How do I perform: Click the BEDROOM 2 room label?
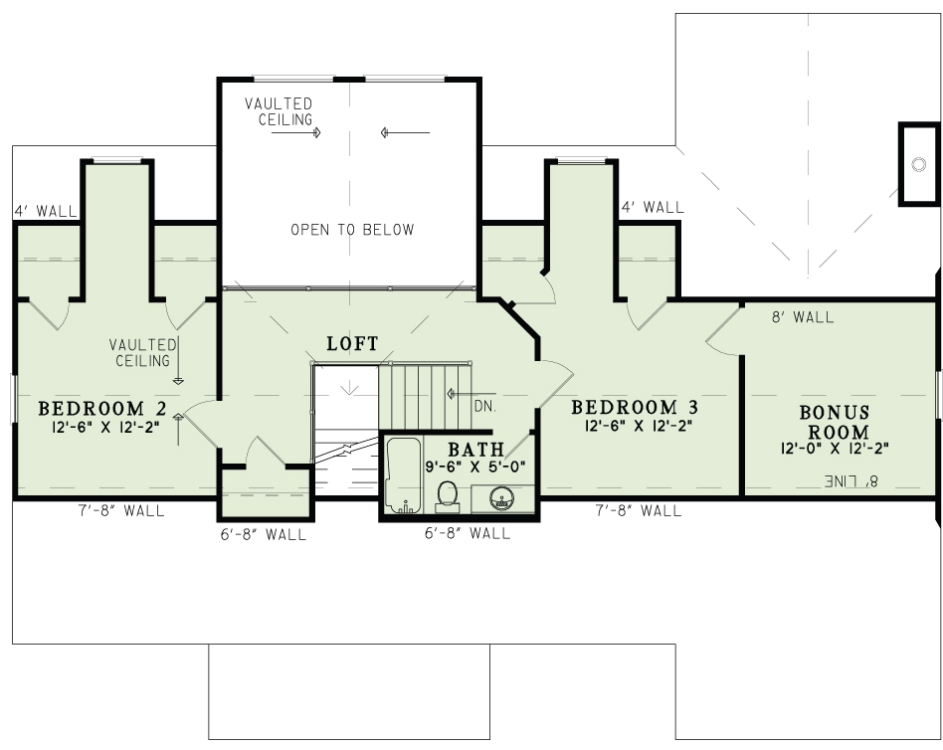pos(101,408)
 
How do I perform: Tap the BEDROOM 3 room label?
pos(635,407)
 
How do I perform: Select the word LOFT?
pos(352,344)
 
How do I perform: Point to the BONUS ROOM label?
pos(835,422)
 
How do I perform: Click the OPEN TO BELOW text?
pos(352,230)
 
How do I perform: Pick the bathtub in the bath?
pos(403,475)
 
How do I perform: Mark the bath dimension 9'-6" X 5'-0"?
pos(475,467)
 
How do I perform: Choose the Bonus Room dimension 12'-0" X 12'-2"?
pos(835,448)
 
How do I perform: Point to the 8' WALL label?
pos(803,317)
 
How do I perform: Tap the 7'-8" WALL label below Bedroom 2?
pos(121,511)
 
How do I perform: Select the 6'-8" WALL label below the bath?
pos(467,533)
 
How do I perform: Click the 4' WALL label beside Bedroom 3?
pos(653,208)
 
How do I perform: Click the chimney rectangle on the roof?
pos(918,164)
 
